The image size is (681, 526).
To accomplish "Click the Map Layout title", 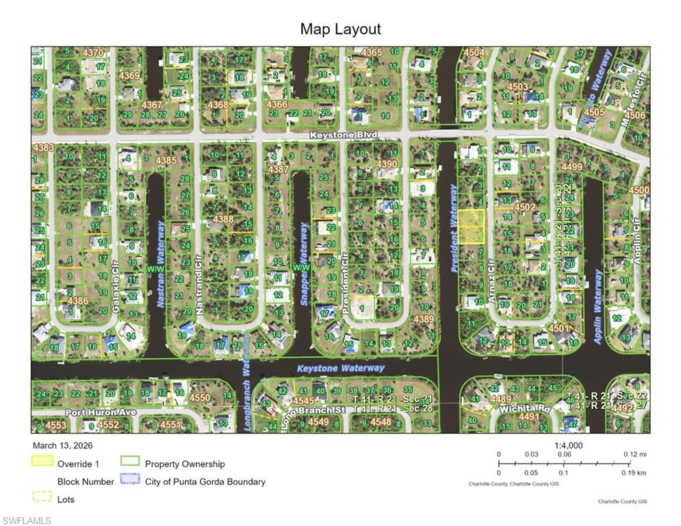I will click(340, 29).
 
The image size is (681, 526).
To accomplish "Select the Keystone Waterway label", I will click(341, 368).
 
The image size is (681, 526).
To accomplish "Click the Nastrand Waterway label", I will click(161, 264).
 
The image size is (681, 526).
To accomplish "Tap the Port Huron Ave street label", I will click(101, 413).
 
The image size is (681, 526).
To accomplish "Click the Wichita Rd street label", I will click(526, 409).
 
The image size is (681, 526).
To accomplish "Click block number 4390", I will click(387, 164).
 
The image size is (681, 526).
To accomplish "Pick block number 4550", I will click(200, 397).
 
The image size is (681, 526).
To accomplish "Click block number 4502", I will click(525, 206).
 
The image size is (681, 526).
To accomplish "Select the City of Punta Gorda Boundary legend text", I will click(205, 481).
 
